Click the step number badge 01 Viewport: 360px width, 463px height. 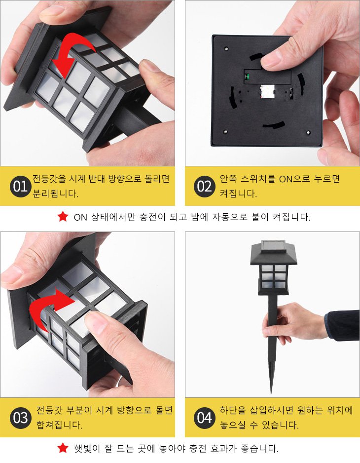20,187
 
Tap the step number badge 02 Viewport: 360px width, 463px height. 204,187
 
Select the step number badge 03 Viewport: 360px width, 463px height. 20,418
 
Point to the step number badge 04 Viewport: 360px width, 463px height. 204,418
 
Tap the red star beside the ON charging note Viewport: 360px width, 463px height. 63,217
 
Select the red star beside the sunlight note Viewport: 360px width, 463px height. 63,448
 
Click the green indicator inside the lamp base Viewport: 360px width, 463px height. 247,77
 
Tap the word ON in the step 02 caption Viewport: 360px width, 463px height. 286,179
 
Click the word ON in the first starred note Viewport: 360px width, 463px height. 80,217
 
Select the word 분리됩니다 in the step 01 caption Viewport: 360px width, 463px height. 55,193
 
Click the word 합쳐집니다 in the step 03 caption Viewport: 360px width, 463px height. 59,425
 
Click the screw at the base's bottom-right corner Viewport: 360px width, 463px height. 308,133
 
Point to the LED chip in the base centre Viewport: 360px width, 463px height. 267,91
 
